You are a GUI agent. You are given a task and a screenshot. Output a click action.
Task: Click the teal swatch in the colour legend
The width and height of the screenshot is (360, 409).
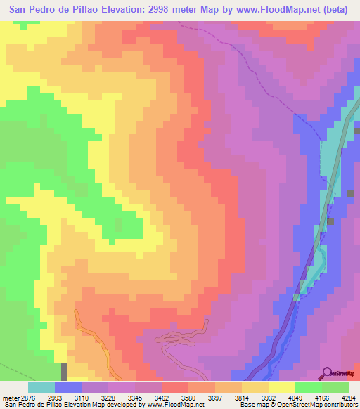click(x=41, y=387)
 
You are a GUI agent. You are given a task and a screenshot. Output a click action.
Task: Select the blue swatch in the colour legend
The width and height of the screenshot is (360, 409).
click(x=68, y=387)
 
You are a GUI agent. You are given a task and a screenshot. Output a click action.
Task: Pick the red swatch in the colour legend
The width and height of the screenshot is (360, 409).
click(x=175, y=387)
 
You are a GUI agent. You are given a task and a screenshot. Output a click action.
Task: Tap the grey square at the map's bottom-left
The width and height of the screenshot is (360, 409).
click(x=65, y=372)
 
